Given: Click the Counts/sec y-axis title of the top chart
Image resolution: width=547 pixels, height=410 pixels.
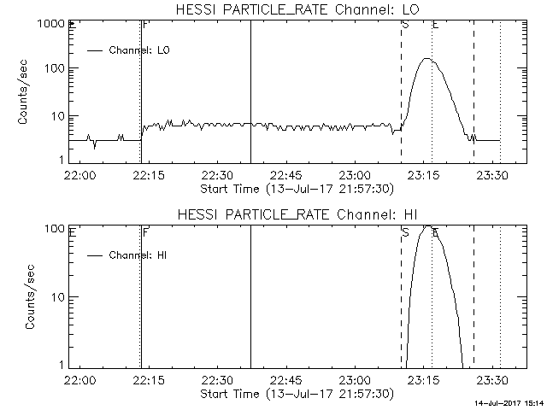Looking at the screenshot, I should click(25, 92).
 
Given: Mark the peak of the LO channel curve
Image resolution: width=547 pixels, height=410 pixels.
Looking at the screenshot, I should click(426, 59).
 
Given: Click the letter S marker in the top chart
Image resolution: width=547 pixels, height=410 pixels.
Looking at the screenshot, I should click(404, 25).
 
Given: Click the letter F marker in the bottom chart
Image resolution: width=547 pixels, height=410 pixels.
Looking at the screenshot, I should click(145, 231).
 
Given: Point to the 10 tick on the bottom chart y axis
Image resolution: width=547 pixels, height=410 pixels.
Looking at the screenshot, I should click(59, 296).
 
